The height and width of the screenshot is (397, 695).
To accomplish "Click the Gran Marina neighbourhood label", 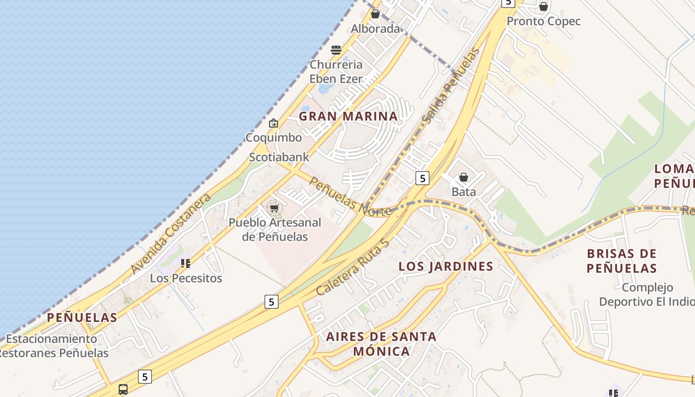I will tap(348, 117).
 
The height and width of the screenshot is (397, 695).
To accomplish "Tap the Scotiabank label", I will tap(279, 157).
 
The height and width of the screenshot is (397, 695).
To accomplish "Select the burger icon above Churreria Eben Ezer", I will tap(336, 50).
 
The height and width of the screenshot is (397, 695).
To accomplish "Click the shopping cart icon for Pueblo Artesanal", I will tap(274, 208).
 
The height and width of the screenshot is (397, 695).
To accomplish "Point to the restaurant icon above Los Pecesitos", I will tap(186, 264).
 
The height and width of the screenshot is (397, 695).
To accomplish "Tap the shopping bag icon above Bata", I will tap(464, 177).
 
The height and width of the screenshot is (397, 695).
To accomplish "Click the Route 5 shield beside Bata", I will tap(422, 178).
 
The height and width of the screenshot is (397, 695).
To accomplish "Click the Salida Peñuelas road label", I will tap(451, 85).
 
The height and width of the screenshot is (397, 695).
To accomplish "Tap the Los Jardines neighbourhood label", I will tap(446, 266).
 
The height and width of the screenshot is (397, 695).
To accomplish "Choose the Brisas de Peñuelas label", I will tap(622, 261).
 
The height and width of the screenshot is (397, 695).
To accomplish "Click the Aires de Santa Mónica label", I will tap(381, 344).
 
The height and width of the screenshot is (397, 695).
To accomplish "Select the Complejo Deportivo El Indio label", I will tap(647, 294).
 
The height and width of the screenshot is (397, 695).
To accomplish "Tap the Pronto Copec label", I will tap(544, 22).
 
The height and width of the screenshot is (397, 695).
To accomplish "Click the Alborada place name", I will tap(375, 29).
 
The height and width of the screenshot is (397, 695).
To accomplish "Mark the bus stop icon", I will tap(123, 389).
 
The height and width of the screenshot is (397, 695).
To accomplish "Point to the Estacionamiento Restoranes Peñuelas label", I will tap(53, 346).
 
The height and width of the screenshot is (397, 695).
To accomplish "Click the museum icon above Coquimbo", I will tap(274, 123).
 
